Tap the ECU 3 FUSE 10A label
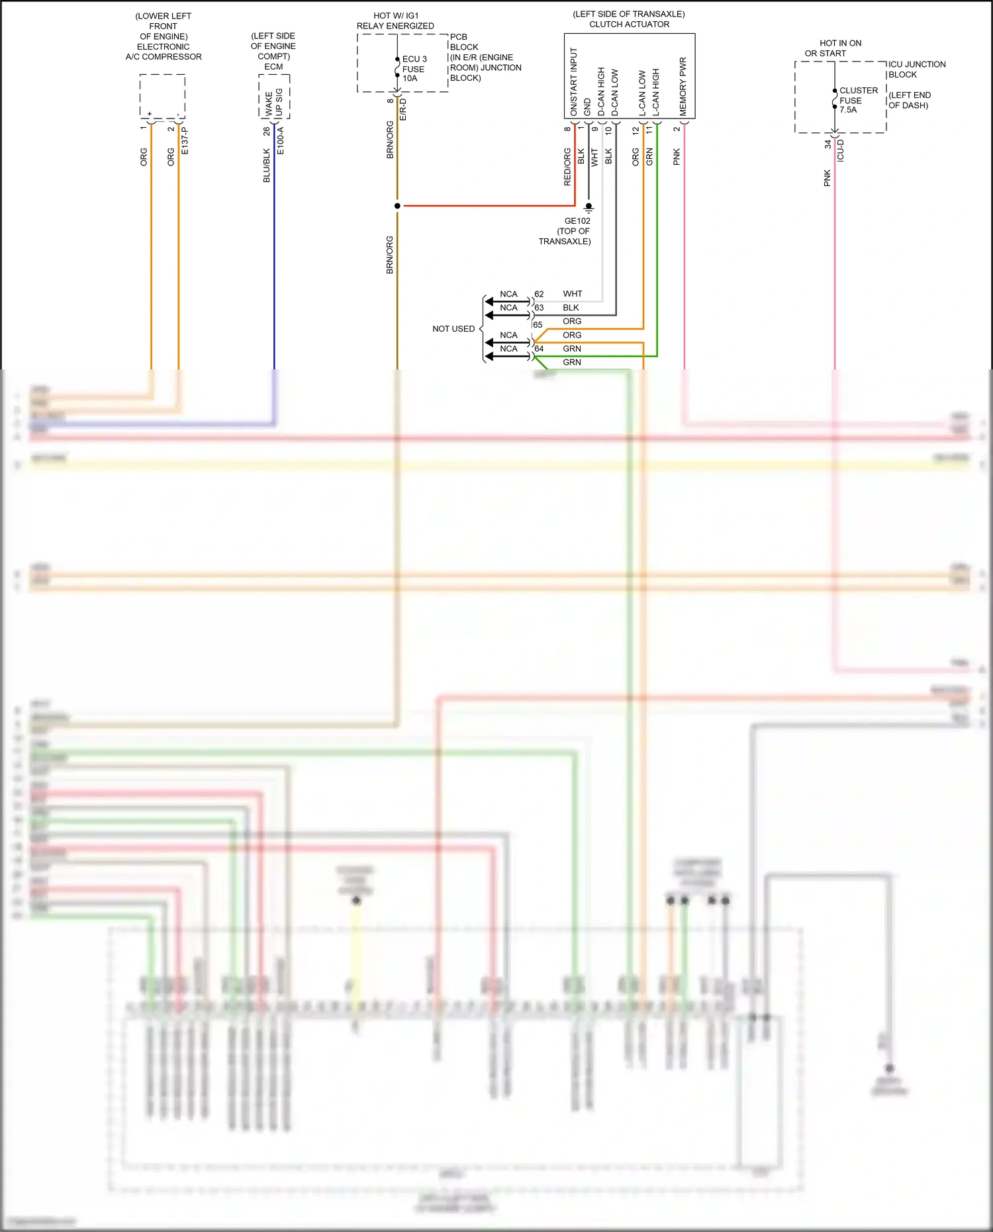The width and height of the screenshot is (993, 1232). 414,69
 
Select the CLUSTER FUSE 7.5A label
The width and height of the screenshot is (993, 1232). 858,100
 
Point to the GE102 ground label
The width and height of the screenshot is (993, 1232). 577,221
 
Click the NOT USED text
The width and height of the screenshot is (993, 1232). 453,329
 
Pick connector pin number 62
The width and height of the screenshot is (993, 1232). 539,294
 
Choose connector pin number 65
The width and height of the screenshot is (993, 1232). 538,325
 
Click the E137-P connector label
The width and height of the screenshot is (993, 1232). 185,141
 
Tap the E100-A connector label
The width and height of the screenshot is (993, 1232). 280,141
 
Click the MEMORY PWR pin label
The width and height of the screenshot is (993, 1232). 683,86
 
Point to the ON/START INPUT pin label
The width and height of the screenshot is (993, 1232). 573,82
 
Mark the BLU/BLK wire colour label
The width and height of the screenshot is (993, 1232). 266,166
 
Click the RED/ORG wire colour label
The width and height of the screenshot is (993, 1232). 567,167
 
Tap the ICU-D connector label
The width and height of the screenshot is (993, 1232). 840,150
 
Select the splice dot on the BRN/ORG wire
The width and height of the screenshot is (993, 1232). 397,206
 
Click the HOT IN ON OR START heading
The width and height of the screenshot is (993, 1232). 833,48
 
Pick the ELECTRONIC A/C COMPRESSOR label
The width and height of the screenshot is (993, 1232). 164,52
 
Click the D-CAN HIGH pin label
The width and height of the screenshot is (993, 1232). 601,91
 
